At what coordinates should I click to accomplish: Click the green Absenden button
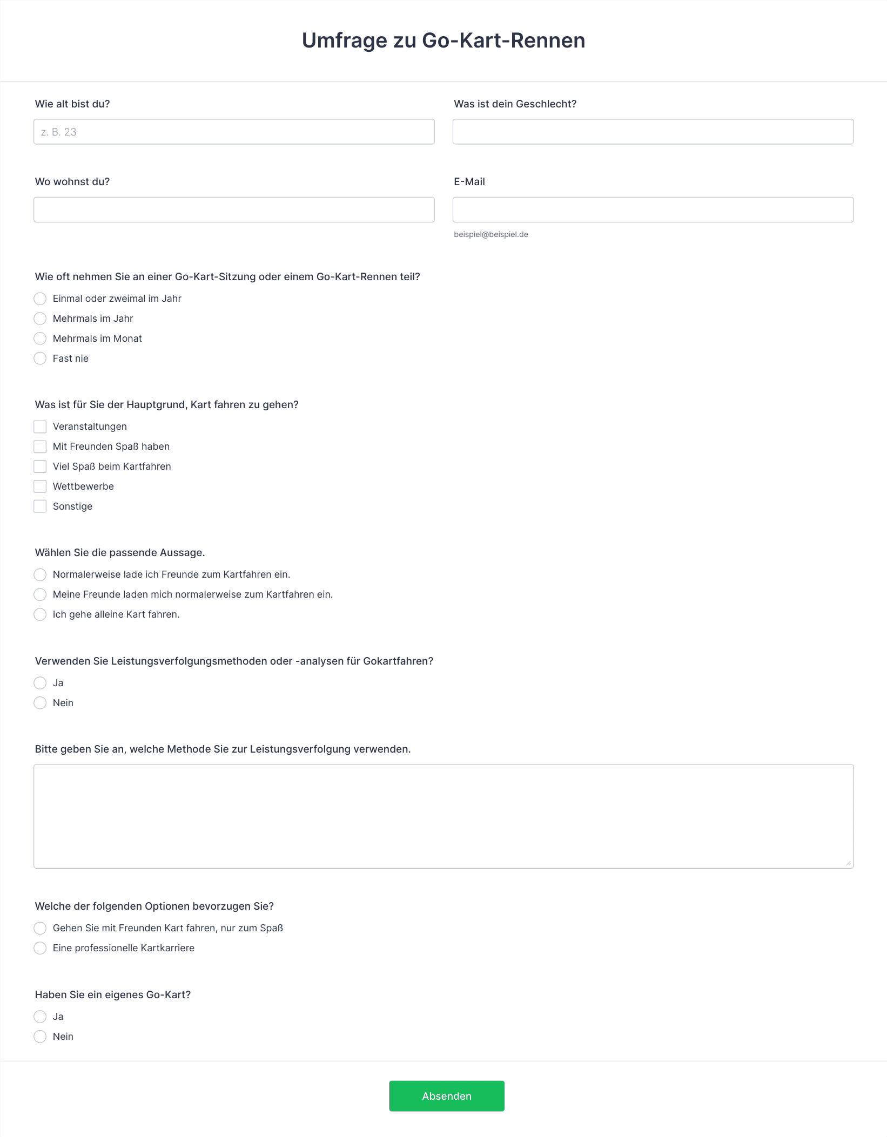point(446,1095)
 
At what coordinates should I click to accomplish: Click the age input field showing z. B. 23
point(234,132)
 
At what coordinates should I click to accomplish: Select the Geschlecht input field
point(653,132)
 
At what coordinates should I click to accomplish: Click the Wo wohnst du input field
point(234,209)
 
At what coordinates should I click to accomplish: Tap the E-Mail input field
point(653,209)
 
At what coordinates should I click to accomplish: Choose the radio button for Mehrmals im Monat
point(40,339)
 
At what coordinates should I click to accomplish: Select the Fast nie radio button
point(40,358)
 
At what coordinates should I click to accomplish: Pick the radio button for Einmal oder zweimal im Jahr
point(40,299)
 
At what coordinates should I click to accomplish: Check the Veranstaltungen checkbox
point(40,427)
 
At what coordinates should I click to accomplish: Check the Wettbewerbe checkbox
point(40,486)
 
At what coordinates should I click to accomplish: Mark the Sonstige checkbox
point(40,506)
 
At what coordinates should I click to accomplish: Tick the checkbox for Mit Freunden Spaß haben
point(40,446)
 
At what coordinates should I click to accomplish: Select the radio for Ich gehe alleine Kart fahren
point(40,614)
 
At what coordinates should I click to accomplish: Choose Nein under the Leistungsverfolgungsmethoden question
point(40,703)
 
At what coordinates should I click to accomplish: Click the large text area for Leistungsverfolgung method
point(443,816)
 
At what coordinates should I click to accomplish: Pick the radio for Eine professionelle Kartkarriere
point(40,948)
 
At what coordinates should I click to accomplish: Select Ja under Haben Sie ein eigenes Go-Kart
point(40,1017)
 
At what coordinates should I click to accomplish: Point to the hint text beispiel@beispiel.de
point(490,234)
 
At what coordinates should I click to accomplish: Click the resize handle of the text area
point(848,863)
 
